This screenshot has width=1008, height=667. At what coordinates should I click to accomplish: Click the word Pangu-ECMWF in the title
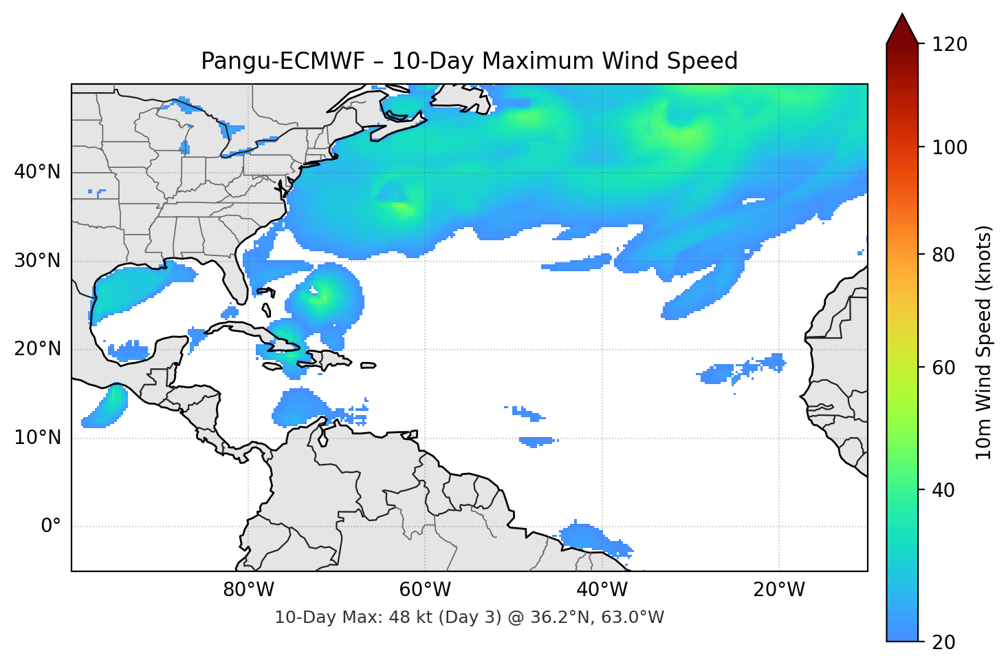pos(283,61)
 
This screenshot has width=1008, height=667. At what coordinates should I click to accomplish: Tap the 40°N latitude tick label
pos(37,171)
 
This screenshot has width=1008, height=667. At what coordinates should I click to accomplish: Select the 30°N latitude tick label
pos(37,261)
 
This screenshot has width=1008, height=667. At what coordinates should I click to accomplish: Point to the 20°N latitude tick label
pos(37,349)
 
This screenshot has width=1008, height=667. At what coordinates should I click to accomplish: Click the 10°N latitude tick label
pos(37,438)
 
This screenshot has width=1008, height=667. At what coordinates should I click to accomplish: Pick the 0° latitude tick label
pos(51,527)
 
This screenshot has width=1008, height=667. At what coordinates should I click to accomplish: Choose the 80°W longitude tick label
pos(248,590)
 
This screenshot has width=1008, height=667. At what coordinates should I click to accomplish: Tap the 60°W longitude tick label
pos(425,590)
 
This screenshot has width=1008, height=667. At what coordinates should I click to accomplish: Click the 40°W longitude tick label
pos(602,590)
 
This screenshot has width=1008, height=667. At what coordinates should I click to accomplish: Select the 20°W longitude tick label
pos(778,590)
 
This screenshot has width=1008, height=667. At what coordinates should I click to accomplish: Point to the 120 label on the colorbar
pos(950,45)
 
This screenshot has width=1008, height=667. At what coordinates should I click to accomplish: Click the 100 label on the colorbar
pos(950,147)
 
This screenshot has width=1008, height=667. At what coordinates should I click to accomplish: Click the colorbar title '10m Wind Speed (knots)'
pos(984,342)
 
